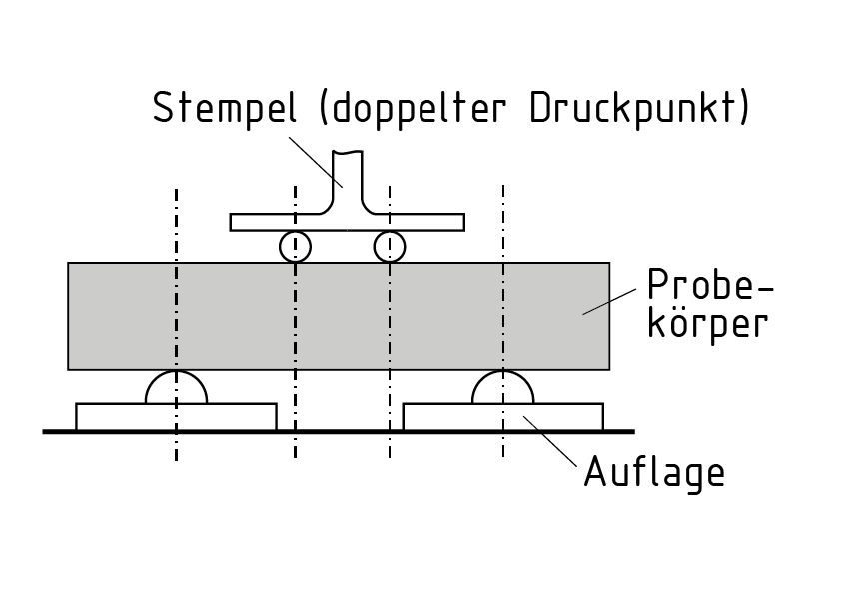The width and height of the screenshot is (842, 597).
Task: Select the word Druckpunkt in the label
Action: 635,108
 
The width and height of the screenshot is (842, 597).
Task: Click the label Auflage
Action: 654,471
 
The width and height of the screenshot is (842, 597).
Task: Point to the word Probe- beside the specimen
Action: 710,287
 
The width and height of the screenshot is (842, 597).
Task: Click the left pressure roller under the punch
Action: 295,246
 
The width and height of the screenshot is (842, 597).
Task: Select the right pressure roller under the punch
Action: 389,246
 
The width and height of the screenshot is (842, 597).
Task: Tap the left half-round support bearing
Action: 177,390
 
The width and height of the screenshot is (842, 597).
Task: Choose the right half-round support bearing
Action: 503,390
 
